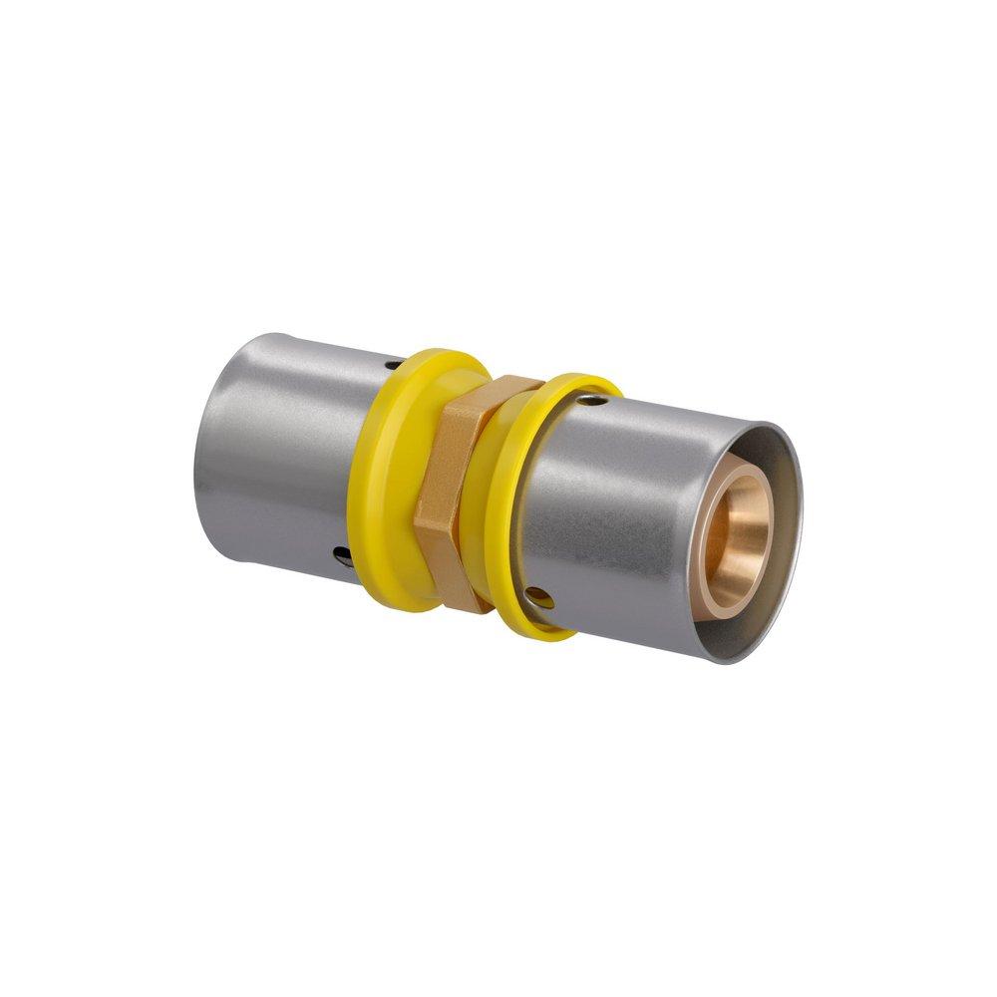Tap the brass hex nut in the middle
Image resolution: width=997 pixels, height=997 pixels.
454,489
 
